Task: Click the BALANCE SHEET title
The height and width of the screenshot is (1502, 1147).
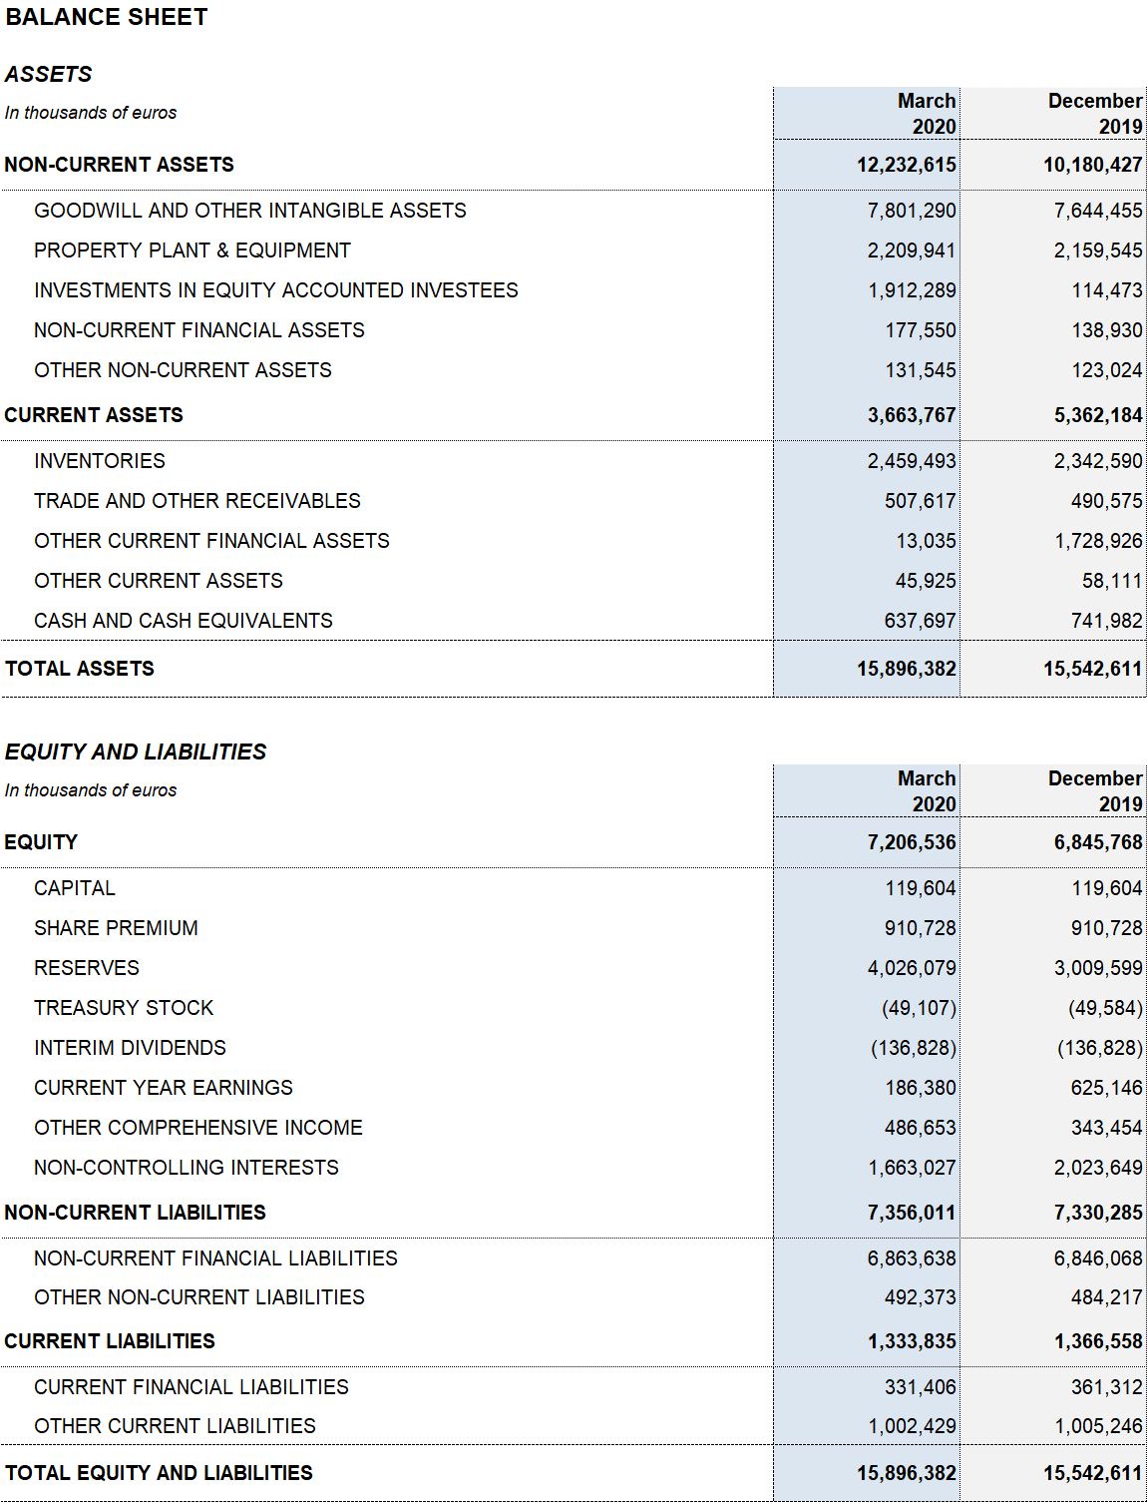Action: [106, 17]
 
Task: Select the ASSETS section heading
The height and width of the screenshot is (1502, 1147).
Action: [48, 74]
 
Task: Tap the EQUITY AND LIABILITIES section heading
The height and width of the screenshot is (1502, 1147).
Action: [136, 751]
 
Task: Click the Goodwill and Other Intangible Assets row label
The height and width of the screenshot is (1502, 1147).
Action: [250, 210]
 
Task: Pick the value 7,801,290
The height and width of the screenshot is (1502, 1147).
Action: [912, 210]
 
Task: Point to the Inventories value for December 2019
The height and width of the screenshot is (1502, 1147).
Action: [1098, 460]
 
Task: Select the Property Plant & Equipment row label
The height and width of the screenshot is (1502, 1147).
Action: [192, 250]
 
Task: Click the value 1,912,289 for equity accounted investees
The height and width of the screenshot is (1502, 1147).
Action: [912, 290]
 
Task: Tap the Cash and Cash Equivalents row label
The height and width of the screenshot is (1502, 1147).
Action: [184, 620]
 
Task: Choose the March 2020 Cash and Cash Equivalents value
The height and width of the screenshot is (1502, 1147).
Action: [920, 621]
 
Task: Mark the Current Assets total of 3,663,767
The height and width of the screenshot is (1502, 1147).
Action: [912, 415]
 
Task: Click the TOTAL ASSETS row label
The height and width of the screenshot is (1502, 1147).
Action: [79, 668]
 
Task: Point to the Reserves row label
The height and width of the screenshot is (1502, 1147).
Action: [87, 968]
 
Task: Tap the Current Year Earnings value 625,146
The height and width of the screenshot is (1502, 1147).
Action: [1107, 1087]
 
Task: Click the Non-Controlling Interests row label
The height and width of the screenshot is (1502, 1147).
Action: [187, 1167]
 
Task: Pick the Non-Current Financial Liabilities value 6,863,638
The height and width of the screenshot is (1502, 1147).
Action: [912, 1257]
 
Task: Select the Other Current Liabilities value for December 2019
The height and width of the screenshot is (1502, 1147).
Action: [1098, 1425]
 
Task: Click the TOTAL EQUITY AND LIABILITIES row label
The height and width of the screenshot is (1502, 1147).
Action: [159, 1473]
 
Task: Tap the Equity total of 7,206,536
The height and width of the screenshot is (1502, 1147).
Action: [912, 841]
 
